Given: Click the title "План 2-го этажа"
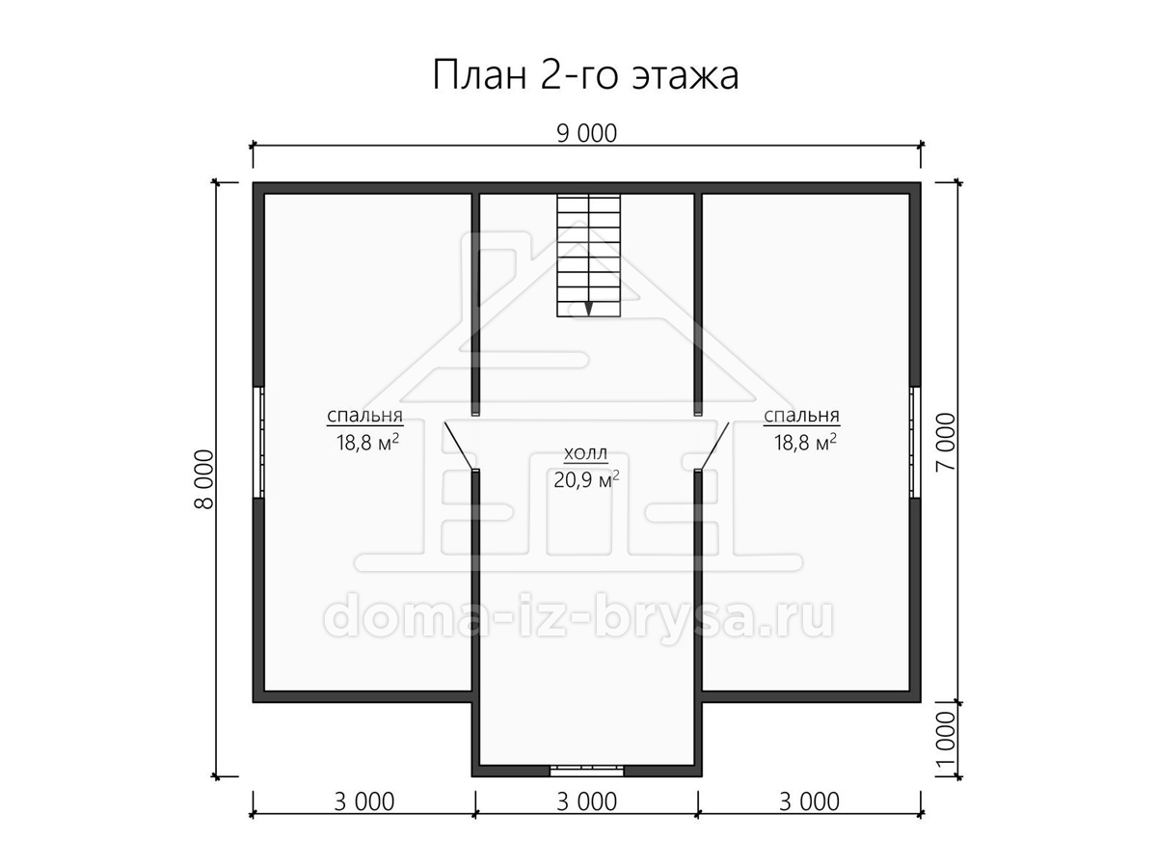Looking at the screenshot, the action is point(585,75).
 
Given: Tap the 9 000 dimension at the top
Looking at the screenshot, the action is point(586,134).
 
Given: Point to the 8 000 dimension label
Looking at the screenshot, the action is point(204,479).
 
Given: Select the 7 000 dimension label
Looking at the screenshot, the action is point(947,442).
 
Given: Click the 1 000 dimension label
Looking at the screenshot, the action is point(947,740).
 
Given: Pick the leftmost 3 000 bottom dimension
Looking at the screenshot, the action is point(364,802).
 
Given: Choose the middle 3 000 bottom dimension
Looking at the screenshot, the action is point(586,802).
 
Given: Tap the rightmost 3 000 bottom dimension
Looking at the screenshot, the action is point(809,802).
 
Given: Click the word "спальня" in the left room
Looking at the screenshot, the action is point(364,416).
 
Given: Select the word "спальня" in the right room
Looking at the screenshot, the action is point(802,416).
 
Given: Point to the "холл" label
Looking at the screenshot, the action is point(585,453).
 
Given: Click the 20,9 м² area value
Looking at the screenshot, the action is point(586,479).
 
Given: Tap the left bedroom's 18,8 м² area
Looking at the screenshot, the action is point(367,442).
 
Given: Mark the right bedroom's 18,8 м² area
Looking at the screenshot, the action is point(805,442).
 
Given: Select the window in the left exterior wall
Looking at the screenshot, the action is point(258,442).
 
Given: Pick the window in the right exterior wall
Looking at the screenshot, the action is point(915,442).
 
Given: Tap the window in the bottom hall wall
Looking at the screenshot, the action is point(586,771).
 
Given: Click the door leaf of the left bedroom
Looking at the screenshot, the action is point(459,446).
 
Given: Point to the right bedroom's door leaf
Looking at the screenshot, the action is point(714,446).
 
